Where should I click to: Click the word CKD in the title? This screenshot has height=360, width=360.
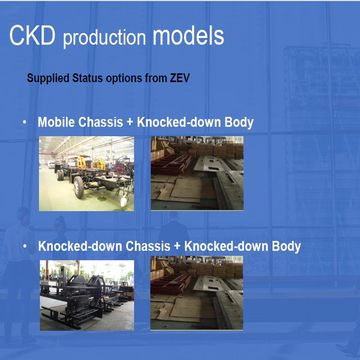click(33, 38)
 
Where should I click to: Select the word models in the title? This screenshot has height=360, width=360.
click(189, 38)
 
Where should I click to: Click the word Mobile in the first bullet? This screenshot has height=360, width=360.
click(57, 123)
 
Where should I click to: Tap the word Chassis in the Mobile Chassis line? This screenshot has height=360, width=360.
click(104, 123)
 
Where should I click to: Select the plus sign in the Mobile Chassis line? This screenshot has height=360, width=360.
click(134, 123)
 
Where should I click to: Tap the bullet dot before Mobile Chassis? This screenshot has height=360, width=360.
click(25, 123)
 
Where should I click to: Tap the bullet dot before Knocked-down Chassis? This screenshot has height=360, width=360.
click(25, 246)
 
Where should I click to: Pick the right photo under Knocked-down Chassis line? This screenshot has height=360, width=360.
click(196, 294)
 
